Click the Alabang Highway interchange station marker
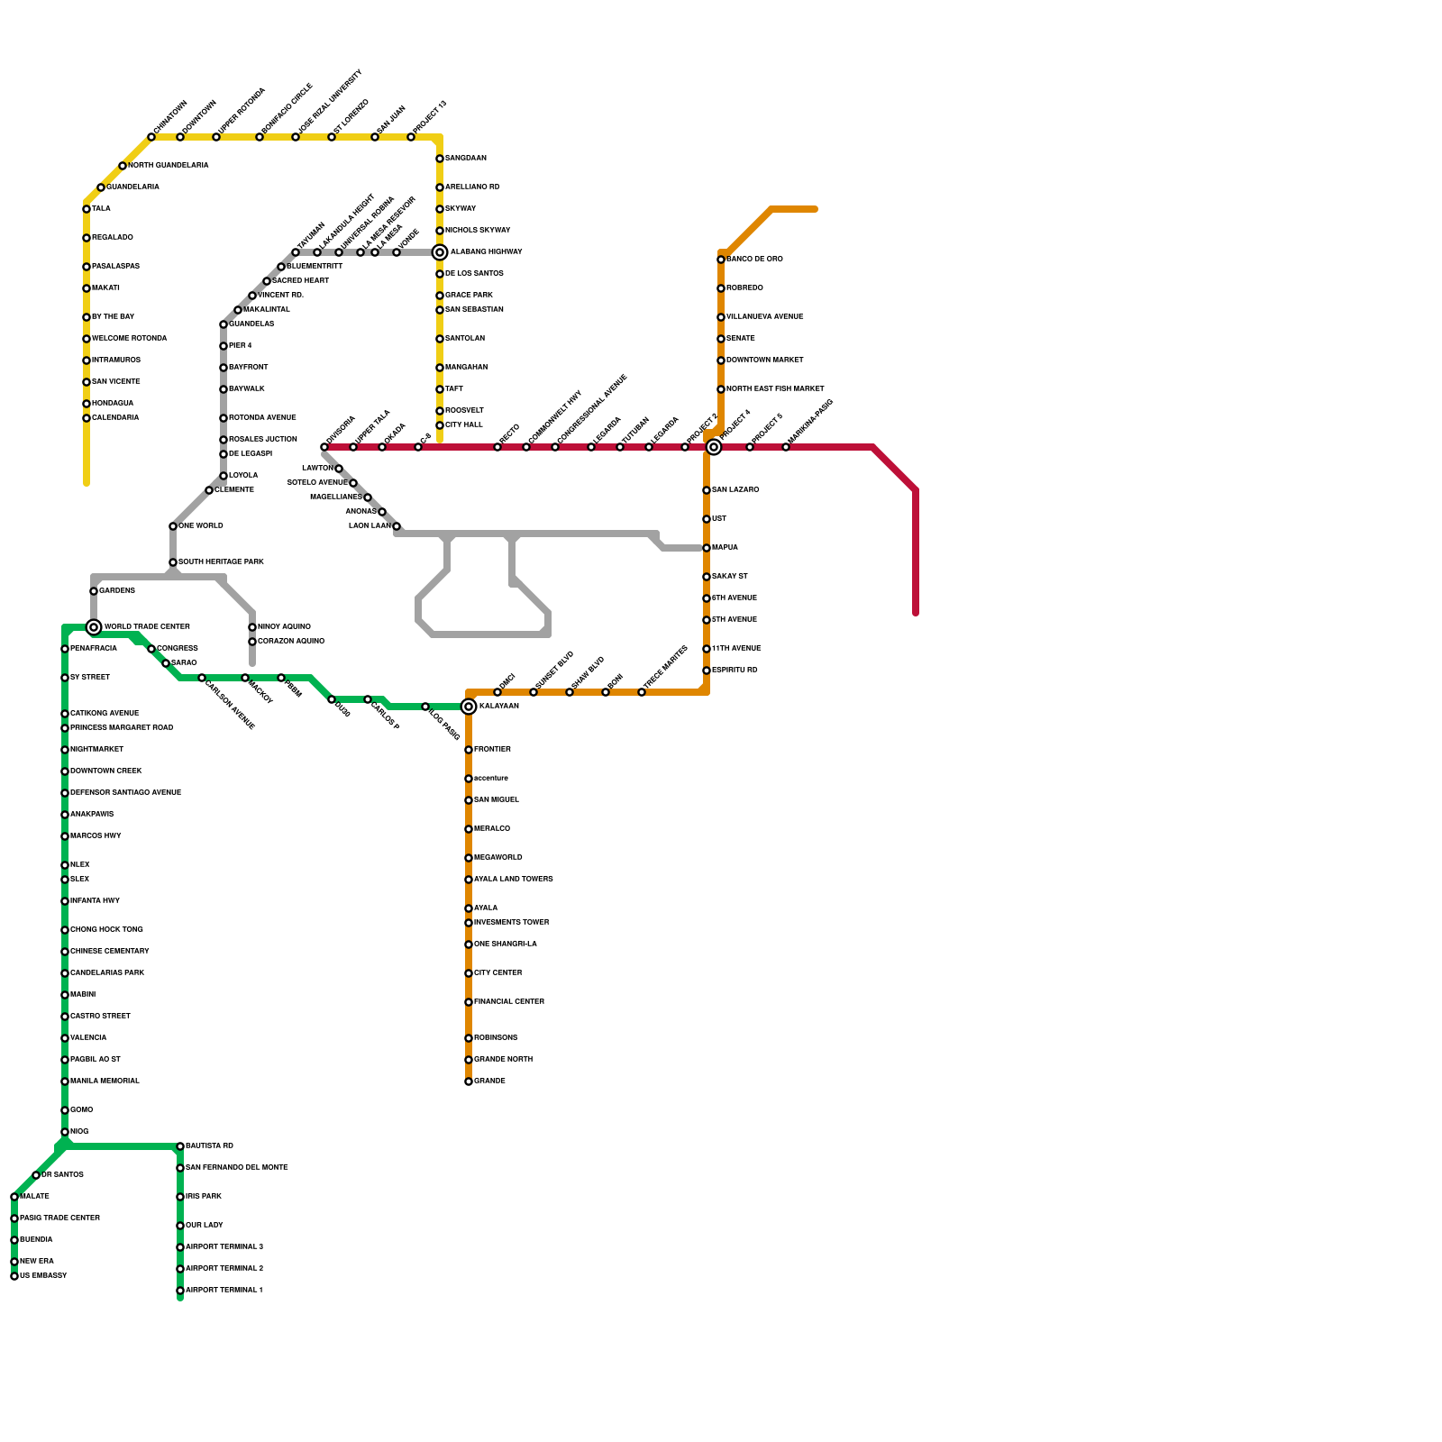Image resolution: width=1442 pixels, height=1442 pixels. click(x=440, y=252)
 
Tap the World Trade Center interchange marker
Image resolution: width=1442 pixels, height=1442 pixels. click(x=94, y=627)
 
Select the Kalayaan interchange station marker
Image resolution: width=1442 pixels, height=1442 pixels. click(x=469, y=707)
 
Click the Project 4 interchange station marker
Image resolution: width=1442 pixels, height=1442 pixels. click(x=714, y=447)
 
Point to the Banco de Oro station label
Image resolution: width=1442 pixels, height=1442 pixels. click(x=754, y=260)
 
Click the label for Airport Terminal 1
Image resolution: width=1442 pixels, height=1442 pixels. click(x=224, y=1291)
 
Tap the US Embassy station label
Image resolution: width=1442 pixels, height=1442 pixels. click(x=43, y=1276)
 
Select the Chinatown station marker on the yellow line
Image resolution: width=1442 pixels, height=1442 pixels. click(x=151, y=137)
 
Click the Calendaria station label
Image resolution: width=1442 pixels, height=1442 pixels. click(x=115, y=418)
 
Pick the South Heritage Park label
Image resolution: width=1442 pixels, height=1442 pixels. click(x=221, y=562)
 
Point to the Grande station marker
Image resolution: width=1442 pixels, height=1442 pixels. click(x=469, y=1081)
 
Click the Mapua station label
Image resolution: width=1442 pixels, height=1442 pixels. click(x=725, y=548)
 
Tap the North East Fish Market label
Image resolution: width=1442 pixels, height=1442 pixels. click(x=775, y=389)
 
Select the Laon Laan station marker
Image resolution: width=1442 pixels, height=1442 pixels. click(x=397, y=526)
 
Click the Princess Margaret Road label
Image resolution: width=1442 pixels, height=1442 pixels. click(x=122, y=728)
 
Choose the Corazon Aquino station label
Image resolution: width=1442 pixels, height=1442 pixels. click(x=290, y=642)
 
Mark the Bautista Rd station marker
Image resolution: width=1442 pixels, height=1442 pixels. click(x=180, y=1146)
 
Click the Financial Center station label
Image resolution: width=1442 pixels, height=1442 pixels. click(x=509, y=1002)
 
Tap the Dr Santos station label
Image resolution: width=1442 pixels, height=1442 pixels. click(x=62, y=1175)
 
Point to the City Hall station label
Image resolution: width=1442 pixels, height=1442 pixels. click(x=463, y=425)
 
